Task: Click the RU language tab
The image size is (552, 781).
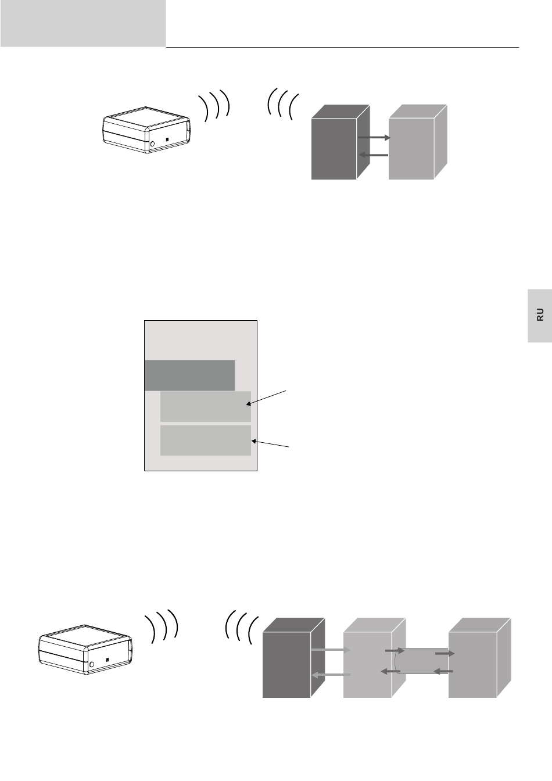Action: pos(540,314)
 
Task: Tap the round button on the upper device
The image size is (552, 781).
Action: pos(152,144)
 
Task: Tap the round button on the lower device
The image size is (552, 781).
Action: pos(91,664)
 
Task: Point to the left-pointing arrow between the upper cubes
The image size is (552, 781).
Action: pos(374,155)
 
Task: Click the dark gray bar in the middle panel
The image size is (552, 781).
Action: pos(189,375)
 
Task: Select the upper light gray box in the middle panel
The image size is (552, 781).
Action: pos(205,406)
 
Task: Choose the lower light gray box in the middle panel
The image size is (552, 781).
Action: pos(205,440)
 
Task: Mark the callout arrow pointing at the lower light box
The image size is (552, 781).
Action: pos(270,444)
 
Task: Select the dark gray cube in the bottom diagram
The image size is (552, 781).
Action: pos(286,665)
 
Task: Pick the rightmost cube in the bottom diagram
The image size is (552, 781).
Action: pos(473,665)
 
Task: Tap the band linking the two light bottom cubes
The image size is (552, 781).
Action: pos(422,661)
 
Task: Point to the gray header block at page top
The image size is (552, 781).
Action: pos(83,23)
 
